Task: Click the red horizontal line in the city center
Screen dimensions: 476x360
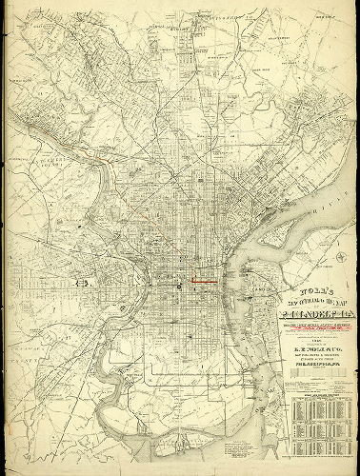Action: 204,282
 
